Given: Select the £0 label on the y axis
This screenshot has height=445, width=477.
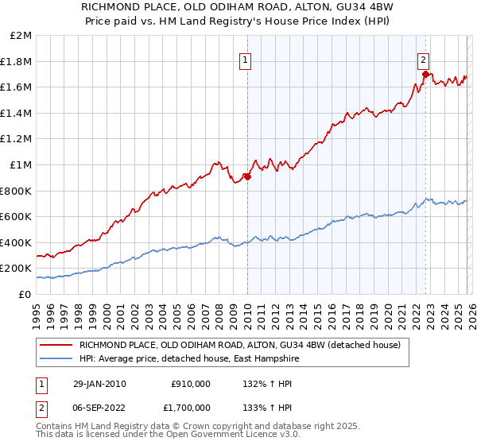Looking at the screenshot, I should (25, 294).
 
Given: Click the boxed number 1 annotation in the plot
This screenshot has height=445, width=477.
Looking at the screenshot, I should (246, 59).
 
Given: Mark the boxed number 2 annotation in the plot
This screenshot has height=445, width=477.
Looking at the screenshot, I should (425, 59).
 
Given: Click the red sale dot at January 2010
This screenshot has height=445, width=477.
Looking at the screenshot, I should (247, 176).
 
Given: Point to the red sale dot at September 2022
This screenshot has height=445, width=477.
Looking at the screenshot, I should (425, 75).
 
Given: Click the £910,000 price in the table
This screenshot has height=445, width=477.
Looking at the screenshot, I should (191, 384).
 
